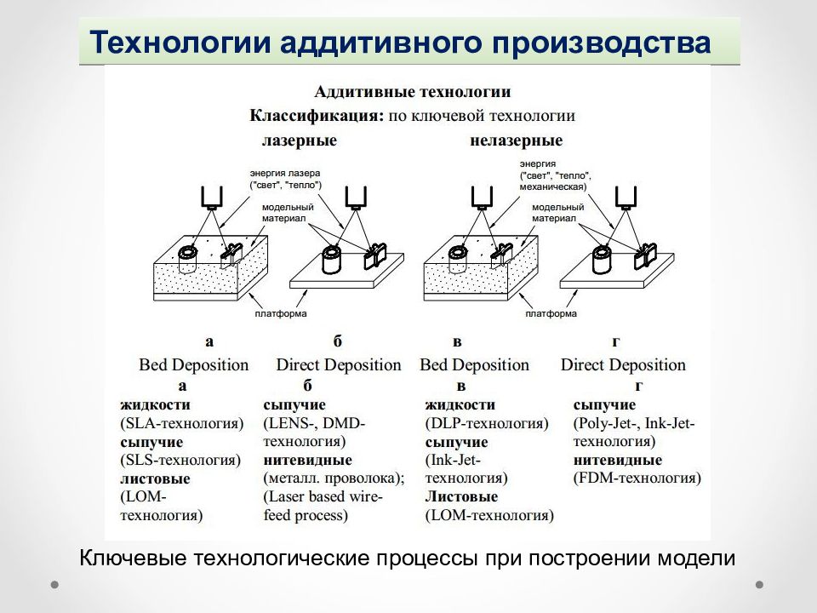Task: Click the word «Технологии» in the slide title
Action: pyautogui.click(x=180, y=43)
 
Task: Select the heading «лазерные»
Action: pyautogui.click(x=299, y=140)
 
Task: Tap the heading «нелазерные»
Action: pyautogui.click(x=517, y=140)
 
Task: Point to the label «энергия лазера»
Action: pyautogui.click(x=285, y=173)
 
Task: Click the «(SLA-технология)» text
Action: pyautogui.click(x=182, y=423)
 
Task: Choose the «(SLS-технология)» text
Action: pyautogui.click(x=180, y=461)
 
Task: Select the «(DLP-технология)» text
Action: pyautogui.click(x=487, y=423)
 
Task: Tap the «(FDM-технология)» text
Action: pyautogui.click(x=637, y=478)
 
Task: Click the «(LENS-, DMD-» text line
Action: pyautogui.click(x=314, y=423)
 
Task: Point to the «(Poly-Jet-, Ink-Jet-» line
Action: pyautogui.click(x=634, y=423)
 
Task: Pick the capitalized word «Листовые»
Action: pyautogui.click(x=461, y=496)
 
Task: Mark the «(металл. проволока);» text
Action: pyautogui.click(x=334, y=478)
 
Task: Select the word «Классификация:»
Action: pyautogui.click(x=317, y=116)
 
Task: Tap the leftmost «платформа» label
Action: pyautogui.click(x=281, y=314)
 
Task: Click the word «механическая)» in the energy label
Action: pyautogui.click(x=553, y=186)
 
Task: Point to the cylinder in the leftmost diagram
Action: pyautogui.click(x=187, y=259)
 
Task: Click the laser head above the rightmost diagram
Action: pyautogui.click(x=626, y=198)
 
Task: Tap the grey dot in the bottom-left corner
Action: pyautogui.click(x=54, y=584)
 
